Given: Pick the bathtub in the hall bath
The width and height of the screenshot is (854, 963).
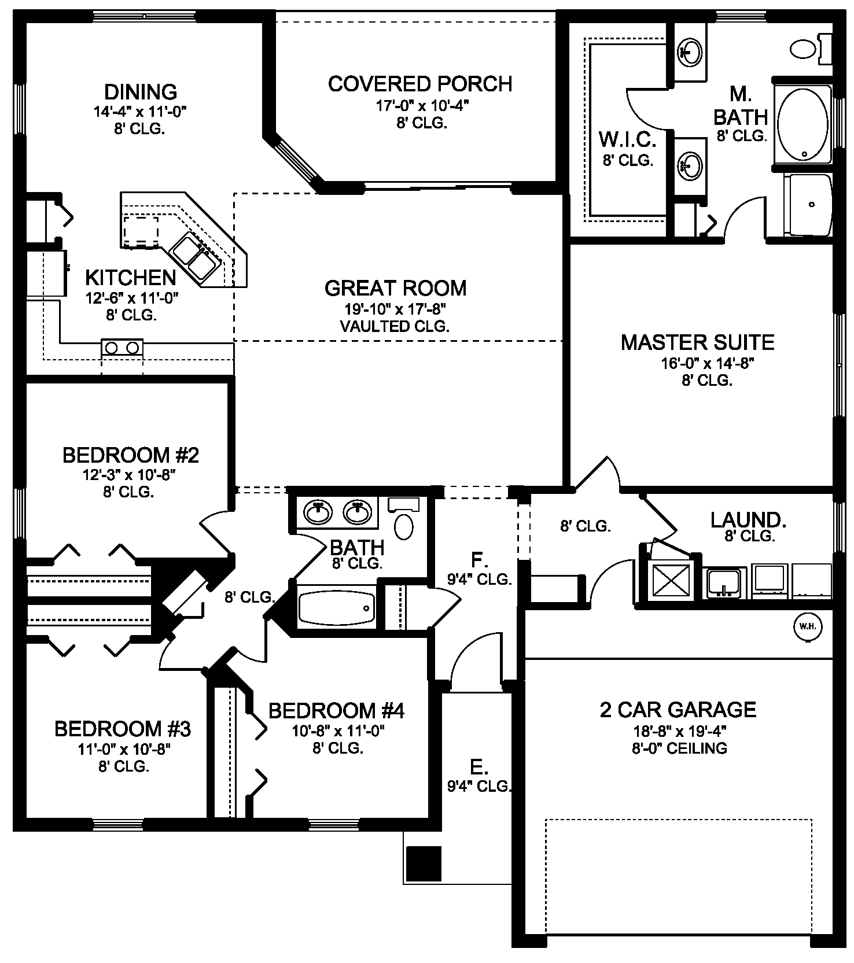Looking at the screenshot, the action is coord(336,606).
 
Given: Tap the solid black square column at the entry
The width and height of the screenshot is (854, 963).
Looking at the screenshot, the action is coord(424,863).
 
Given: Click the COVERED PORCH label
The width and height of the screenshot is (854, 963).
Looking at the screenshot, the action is coord(420,84).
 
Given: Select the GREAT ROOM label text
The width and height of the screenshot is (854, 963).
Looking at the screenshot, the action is coord(395,288).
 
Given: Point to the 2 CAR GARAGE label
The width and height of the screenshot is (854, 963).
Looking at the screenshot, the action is coord(678,710).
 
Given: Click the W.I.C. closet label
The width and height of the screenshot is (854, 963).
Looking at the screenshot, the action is coord(628,139).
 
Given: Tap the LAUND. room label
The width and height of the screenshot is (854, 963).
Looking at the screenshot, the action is coord(748,520).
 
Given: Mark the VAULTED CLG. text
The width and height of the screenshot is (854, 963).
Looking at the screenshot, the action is coord(395,326).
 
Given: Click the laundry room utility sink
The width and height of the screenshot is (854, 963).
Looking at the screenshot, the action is coord(726,582).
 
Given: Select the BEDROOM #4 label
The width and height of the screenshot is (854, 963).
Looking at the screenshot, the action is coord(336,710).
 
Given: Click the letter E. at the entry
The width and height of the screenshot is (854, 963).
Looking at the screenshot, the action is coord(477,768).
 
